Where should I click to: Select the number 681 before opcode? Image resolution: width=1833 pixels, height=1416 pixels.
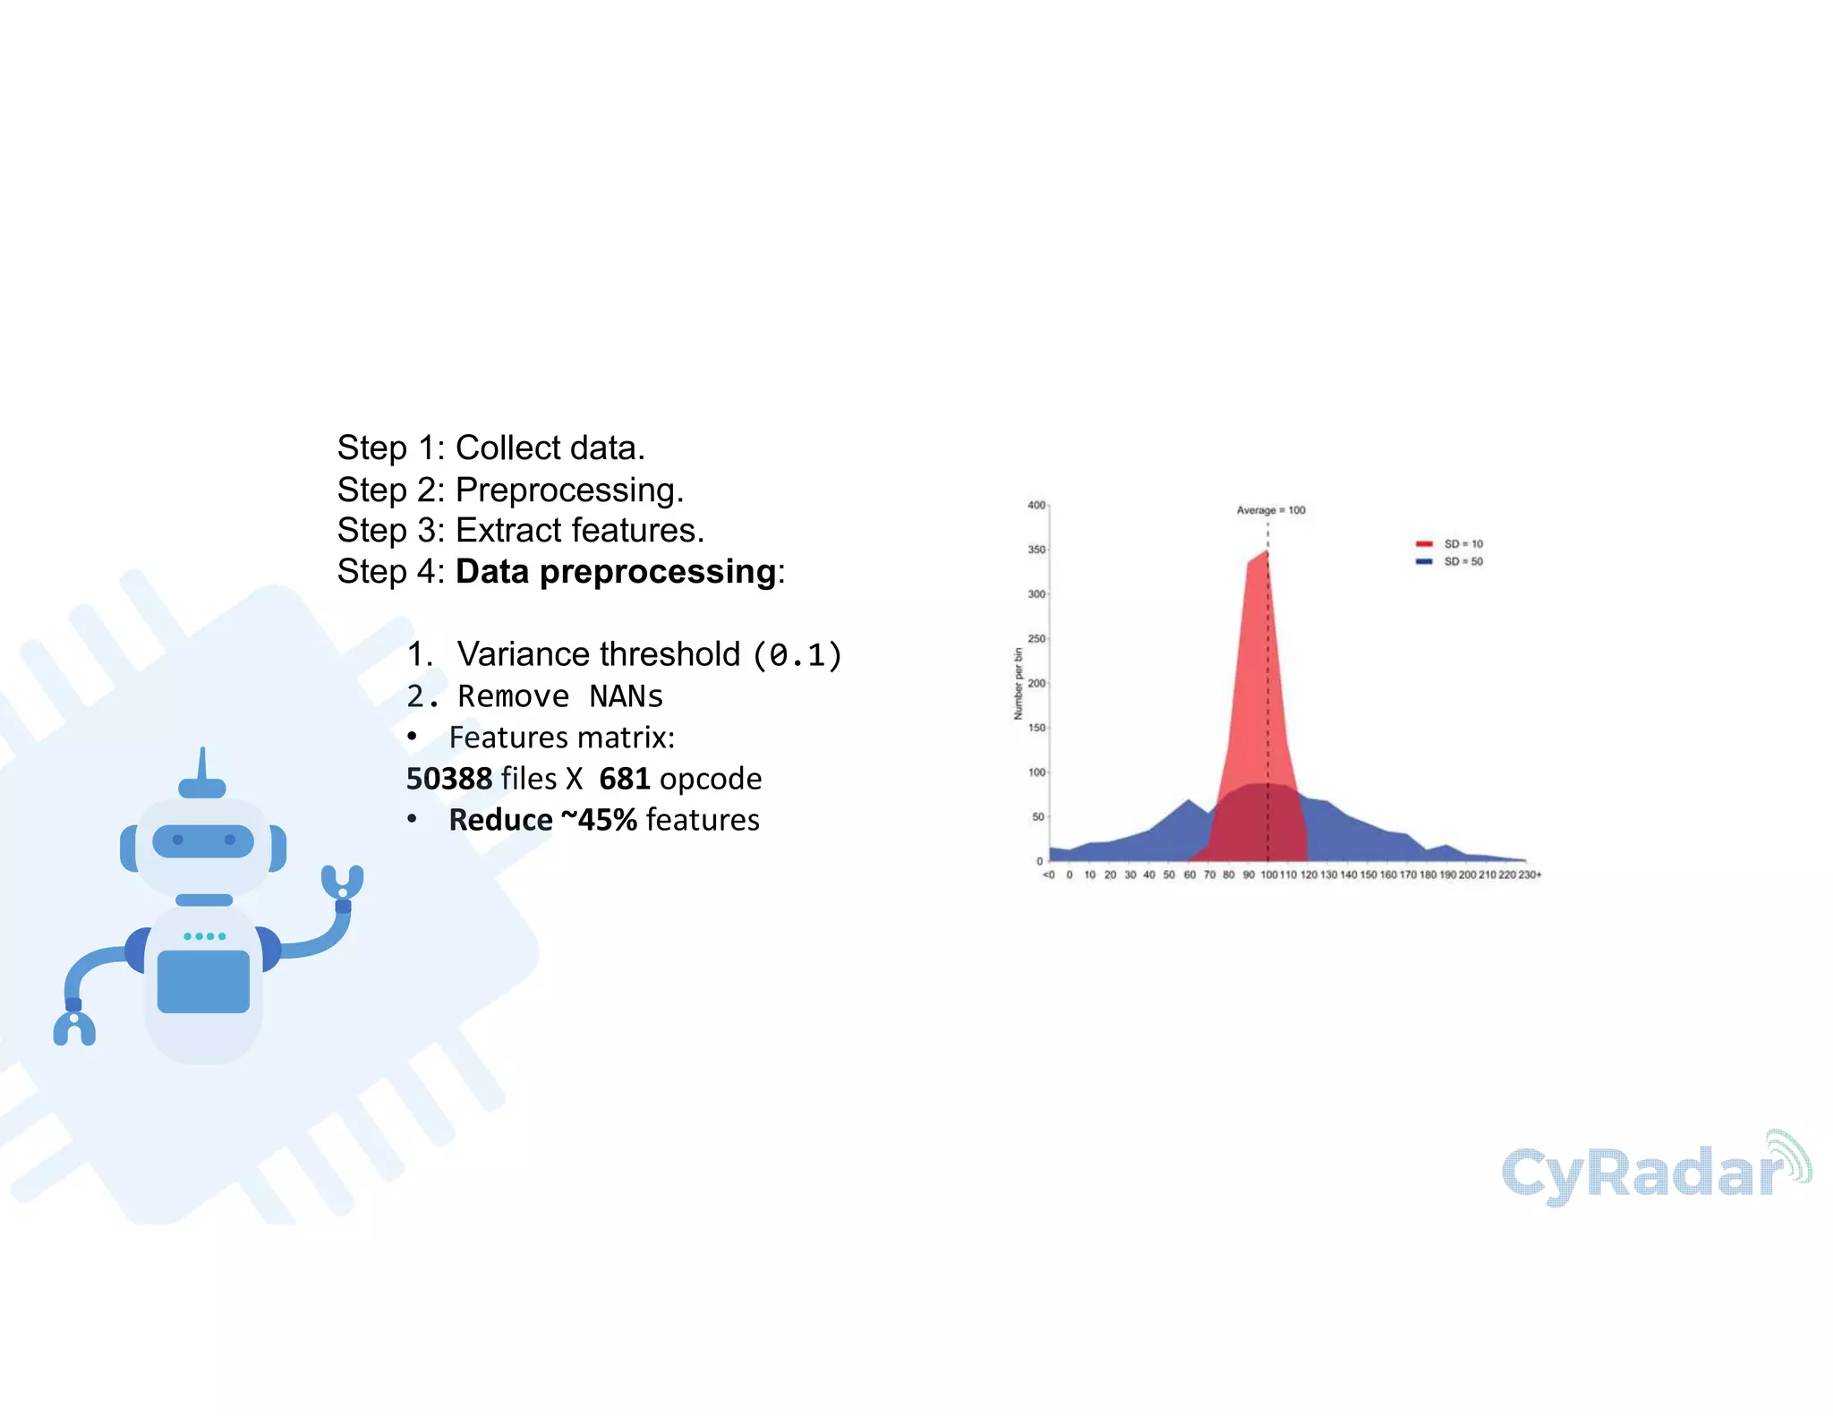[624, 779]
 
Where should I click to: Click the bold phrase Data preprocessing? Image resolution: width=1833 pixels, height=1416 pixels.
[616, 572]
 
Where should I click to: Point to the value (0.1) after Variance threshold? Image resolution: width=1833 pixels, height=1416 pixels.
[797, 655]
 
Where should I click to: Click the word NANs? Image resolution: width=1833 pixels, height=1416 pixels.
[626, 696]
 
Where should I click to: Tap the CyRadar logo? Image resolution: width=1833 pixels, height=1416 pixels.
[1656, 1171]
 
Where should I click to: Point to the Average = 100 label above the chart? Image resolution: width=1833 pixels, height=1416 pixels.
[1270, 510]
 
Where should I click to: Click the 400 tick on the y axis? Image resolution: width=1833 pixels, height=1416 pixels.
[1036, 506]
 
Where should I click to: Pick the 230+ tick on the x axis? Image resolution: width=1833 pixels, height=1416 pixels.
[1530, 875]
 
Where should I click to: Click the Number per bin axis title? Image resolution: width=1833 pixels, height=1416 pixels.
[1018, 684]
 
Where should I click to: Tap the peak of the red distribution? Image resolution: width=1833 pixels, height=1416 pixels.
[1266, 552]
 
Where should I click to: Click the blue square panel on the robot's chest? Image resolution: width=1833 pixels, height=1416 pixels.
[203, 981]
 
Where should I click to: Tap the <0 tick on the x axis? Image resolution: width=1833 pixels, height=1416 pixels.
[1049, 875]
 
